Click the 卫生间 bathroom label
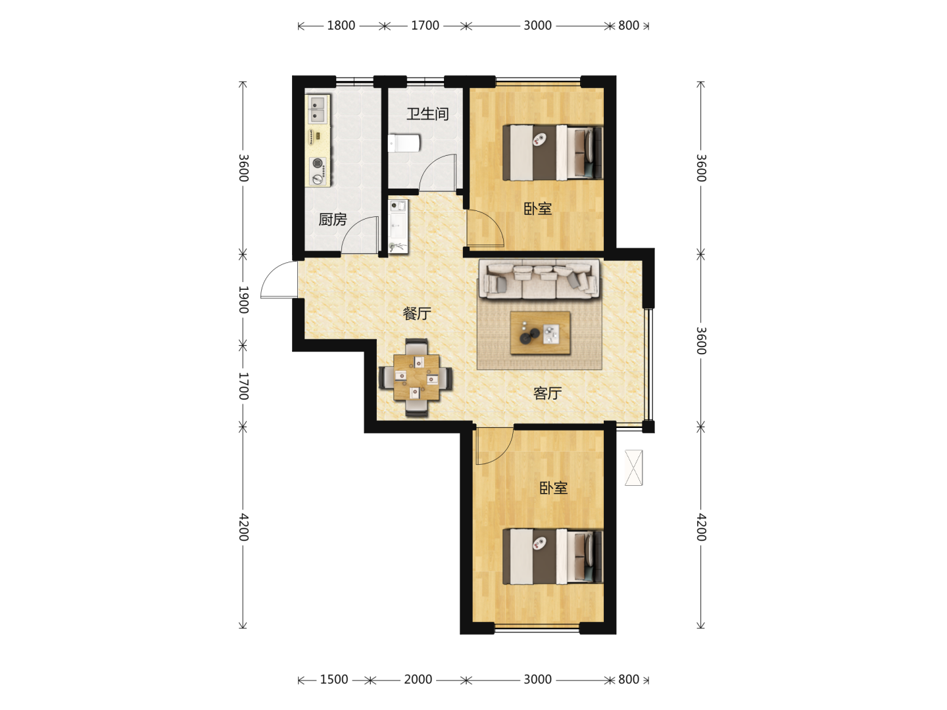[427, 114]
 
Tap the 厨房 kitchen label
[333, 220]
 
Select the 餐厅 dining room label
[417, 314]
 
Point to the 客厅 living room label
[548, 393]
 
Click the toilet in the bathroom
[404, 143]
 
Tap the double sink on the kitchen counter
[318, 108]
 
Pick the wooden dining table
[416, 377]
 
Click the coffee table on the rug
[540, 333]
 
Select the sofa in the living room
[539, 279]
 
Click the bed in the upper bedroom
[552, 153]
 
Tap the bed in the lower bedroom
[552, 557]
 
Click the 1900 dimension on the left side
[243, 299]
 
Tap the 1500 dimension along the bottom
[334, 680]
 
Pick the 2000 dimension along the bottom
[418, 680]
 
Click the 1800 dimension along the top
[341, 26]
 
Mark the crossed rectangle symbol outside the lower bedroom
[634, 468]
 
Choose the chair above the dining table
[417, 346]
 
